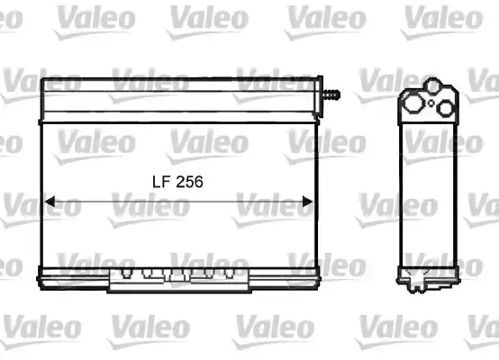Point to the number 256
tap(189, 181)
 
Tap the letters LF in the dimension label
tap(159, 181)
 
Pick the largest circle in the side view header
tap(413, 102)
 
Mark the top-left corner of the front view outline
tap(42, 79)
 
